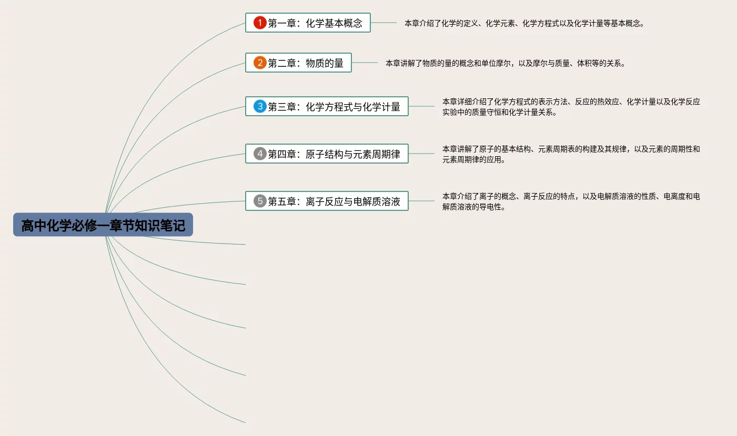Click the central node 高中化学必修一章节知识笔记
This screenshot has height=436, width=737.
pos(103,225)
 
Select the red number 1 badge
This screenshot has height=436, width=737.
pos(260,23)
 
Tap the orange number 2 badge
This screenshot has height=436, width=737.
pos(260,63)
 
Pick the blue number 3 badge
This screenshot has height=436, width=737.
pos(260,106)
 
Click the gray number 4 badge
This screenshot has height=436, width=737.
pos(260,154)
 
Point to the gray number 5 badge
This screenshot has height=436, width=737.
pos(260,201)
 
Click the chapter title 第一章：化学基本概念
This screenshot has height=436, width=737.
pos(315,23)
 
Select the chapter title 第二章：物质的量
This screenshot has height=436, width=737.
pos(306,63)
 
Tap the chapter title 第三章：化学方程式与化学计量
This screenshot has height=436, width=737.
pos(334,107)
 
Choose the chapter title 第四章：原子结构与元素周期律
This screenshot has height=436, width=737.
pos(334,154)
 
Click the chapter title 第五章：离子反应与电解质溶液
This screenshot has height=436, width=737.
pos(334,201)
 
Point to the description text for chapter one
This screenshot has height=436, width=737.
pos(524,23)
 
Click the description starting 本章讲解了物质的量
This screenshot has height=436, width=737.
pos(505,63)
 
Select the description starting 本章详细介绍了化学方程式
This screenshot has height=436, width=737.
pos(571,107)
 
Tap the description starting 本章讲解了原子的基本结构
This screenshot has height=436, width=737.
pos(571,154)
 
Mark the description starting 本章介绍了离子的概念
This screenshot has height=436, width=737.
pos(571,201)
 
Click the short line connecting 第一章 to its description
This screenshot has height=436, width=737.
pos(383,23)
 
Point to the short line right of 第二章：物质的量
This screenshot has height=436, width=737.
pos(365,63)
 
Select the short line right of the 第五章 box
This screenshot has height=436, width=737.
pos(421,200)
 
